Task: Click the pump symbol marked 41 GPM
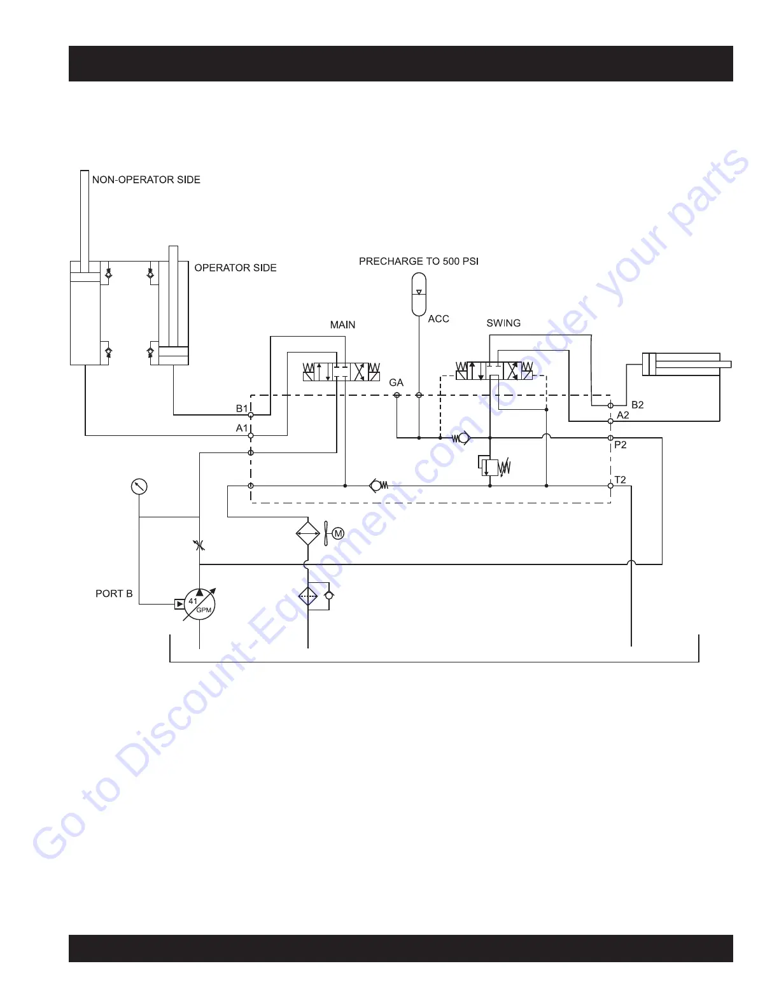[200, 604]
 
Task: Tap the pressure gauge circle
[139, 487]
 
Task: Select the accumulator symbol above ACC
[419, 294]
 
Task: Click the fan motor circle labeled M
[339, 533]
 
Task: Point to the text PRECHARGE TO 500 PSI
[419, 261]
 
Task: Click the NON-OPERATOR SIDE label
[146, 179]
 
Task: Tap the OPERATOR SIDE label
[235, 268]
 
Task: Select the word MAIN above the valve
[342, 325]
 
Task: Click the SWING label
[503, 323]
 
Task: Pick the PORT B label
[114, 593]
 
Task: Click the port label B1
[242, 408]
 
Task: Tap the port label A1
[242, 428]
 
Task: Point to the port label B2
[637, 405]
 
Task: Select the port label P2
[621, 445]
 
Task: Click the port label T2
[621, 480]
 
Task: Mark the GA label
[396, 382]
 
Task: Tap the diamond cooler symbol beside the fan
[308, 533]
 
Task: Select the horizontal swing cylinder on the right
[684, 365]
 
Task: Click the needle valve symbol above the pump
[199, 545]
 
